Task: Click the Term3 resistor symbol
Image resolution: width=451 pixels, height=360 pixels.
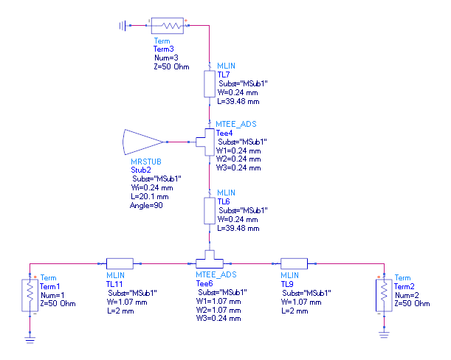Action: (x=171, y=25)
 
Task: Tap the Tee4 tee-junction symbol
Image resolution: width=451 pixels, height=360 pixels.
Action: (x=206, y=140)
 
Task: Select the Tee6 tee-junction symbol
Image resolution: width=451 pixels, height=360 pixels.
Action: (x=211, y=262)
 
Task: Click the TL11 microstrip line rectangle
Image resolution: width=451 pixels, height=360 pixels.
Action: (x=119, y=263)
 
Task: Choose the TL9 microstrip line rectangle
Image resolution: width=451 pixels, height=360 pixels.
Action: (x=295, y=263)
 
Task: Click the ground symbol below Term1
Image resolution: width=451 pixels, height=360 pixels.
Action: (x=30, y=339)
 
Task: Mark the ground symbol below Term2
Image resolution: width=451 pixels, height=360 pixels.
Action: (x=383, y=334)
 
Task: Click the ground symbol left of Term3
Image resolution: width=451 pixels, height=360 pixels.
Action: (x=123, y=25)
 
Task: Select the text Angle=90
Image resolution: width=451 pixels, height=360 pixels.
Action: (x=148, y=205)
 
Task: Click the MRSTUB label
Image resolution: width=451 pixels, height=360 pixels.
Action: (x=145, y=161)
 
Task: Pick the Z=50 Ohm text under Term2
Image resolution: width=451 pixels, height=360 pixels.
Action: (x=412, y=304)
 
